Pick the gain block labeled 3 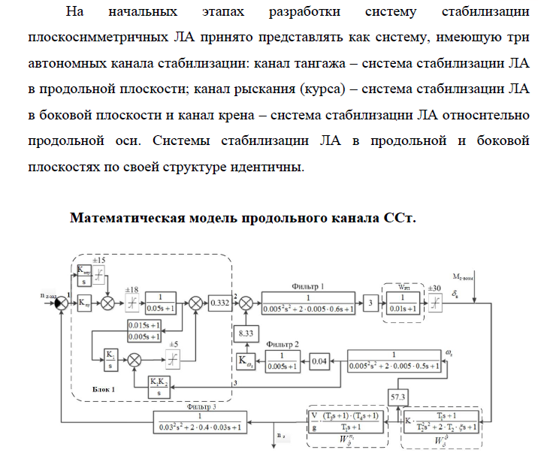(370, 301)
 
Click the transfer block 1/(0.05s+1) (162, 301)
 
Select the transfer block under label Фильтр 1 (310, 301)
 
